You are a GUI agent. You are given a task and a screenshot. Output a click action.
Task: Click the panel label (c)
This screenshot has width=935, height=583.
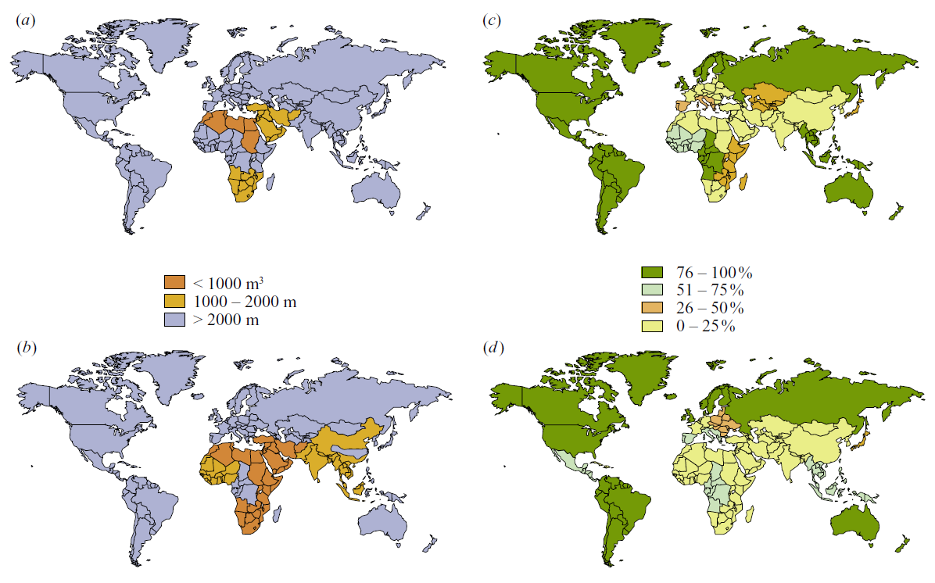pos(493,22)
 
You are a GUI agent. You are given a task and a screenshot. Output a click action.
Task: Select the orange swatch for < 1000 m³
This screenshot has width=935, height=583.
pos(174,281)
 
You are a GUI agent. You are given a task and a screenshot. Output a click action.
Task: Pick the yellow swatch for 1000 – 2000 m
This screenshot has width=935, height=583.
pos(174,300)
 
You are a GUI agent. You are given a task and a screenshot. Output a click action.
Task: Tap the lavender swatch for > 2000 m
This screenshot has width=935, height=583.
pos(174,319)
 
